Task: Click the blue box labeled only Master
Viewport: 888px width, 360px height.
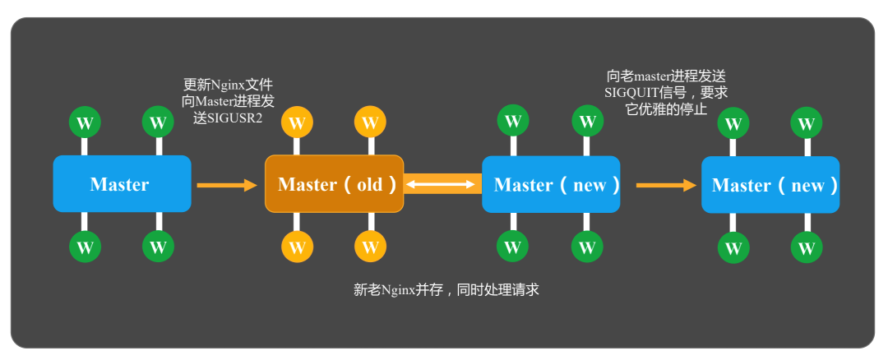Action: point(122,184)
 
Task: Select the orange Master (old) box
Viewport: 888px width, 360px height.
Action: point(334,184)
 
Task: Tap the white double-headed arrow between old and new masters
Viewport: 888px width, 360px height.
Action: point(443,185)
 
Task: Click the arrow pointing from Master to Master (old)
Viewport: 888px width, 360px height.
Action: point(227,185)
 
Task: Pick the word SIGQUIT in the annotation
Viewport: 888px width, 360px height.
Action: point(634,93)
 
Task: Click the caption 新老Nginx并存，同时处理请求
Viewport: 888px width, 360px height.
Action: point(446,289)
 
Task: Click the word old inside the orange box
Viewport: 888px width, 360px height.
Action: point(370,185)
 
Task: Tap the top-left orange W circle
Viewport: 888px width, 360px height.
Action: point(298,123)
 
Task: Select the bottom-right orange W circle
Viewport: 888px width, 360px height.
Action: point(370,247)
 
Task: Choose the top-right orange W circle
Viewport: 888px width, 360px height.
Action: point(370,123)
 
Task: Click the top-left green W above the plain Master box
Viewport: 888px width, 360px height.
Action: point(85,123)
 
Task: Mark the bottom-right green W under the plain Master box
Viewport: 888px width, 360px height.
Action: point(158,247)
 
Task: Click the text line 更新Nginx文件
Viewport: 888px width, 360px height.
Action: point(228,85)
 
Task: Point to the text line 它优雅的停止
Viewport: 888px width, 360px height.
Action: point(666,109)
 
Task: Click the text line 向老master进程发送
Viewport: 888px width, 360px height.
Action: point(666,76)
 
